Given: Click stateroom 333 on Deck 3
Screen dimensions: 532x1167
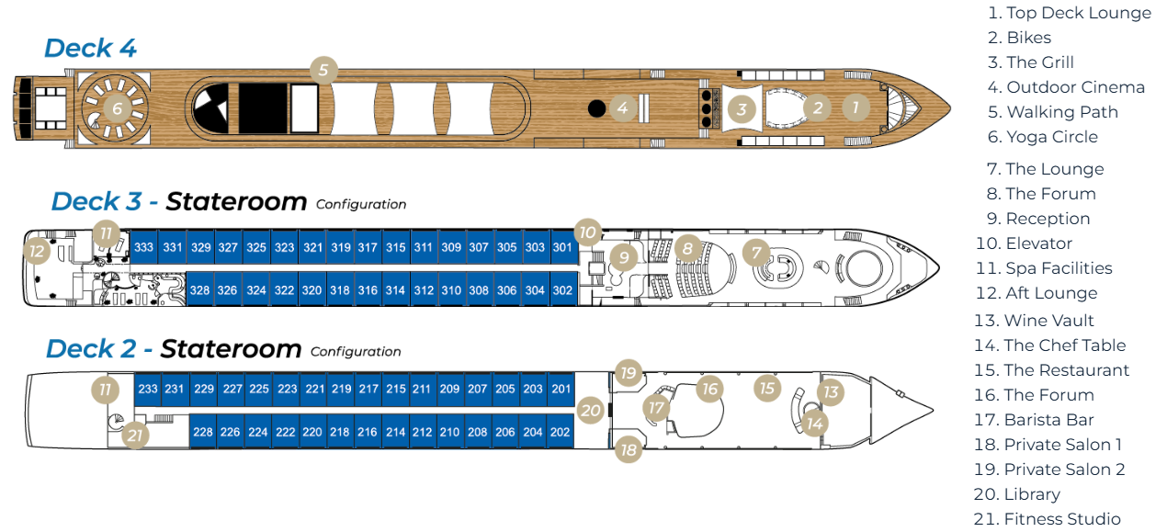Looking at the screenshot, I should (143, 248).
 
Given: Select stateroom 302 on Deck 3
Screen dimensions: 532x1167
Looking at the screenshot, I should (562, 290).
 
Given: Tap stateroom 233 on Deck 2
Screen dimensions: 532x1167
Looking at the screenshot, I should (147, 389).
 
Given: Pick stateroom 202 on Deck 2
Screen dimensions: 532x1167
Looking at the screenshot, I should (561, 432).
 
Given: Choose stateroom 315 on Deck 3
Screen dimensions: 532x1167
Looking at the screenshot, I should (395, 248).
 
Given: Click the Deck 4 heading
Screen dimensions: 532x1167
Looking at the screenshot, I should (90, 48).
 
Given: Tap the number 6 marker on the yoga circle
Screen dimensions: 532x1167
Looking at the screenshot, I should (117, 108).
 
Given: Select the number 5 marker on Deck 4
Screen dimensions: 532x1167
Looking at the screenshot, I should (323, 69).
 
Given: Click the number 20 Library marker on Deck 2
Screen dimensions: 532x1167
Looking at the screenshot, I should (591, 411).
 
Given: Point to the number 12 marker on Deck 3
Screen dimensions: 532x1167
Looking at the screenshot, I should (37, 250).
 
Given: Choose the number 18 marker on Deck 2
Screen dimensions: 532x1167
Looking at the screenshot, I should (629, 449).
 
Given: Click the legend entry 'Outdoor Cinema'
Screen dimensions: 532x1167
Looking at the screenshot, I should (1075, 87).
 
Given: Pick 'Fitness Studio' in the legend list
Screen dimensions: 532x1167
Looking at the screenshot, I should (1061, 519).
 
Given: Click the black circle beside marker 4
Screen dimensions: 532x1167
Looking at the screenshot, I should (596, 108).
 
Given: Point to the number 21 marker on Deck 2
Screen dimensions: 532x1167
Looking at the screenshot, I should (135, 436).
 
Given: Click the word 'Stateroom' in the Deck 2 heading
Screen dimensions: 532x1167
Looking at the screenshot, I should (231, 349).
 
